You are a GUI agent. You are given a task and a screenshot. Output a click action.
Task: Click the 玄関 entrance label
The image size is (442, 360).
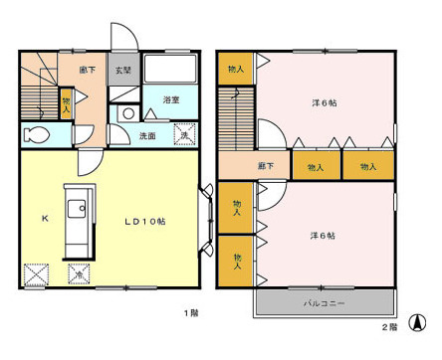121,71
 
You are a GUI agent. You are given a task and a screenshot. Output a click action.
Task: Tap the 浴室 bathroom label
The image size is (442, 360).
170,100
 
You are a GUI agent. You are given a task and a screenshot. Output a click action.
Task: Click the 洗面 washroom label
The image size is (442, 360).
147,135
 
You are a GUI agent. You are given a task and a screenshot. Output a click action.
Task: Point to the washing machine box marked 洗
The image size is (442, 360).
184,134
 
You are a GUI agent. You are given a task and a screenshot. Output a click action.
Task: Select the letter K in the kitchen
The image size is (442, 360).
44,219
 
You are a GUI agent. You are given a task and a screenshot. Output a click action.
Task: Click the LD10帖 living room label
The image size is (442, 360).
144,220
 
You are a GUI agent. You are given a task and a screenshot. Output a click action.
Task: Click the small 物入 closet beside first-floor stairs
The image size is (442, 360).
66,103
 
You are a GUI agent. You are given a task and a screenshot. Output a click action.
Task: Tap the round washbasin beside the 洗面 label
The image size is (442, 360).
126,114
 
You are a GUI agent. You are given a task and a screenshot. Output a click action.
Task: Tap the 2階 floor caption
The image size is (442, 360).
390,325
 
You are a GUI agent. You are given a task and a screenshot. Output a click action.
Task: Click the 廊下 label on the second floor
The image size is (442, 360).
265,167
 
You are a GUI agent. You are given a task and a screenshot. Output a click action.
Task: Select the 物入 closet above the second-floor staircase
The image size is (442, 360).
235,69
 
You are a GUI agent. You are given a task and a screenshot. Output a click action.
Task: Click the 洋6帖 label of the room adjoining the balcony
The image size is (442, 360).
321,235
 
